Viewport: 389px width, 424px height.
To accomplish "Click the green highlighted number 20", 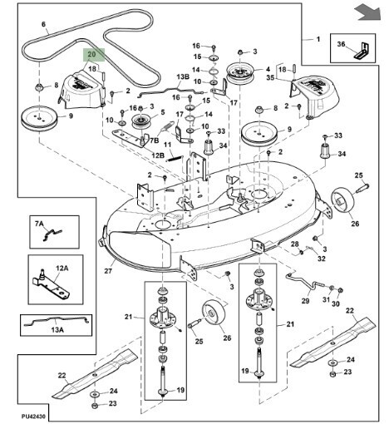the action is [91, 54].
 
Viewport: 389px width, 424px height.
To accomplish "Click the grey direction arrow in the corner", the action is [369, 13].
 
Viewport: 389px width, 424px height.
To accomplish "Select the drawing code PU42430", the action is [33, 417].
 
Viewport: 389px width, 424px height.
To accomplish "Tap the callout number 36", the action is [342, 44].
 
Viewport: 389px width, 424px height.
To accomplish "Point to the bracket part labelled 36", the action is [361, 51].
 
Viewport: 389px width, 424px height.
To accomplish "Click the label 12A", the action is [62, 269].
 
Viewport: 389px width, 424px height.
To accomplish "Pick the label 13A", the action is [57, 330].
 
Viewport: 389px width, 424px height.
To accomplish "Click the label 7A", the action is [39, 224].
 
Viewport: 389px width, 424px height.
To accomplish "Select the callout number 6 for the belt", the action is [43, 24].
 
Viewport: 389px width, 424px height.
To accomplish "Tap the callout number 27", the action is [108, 270].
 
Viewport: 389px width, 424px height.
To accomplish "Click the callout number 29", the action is [306, 301].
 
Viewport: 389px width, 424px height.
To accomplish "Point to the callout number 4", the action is [268, 69].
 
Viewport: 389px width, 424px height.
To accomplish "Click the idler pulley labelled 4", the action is [240, 73].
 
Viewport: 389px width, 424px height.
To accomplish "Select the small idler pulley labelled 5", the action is [141, 121].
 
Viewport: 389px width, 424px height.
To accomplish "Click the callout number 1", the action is [318, 39].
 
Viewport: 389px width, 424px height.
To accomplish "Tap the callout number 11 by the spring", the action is [167, 145].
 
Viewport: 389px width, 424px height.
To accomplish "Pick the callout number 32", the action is [322, 259].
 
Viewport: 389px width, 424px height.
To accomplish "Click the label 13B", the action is [183, 76].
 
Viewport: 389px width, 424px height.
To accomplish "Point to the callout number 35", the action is [270, 77].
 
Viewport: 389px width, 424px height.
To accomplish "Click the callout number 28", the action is [295, 244].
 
